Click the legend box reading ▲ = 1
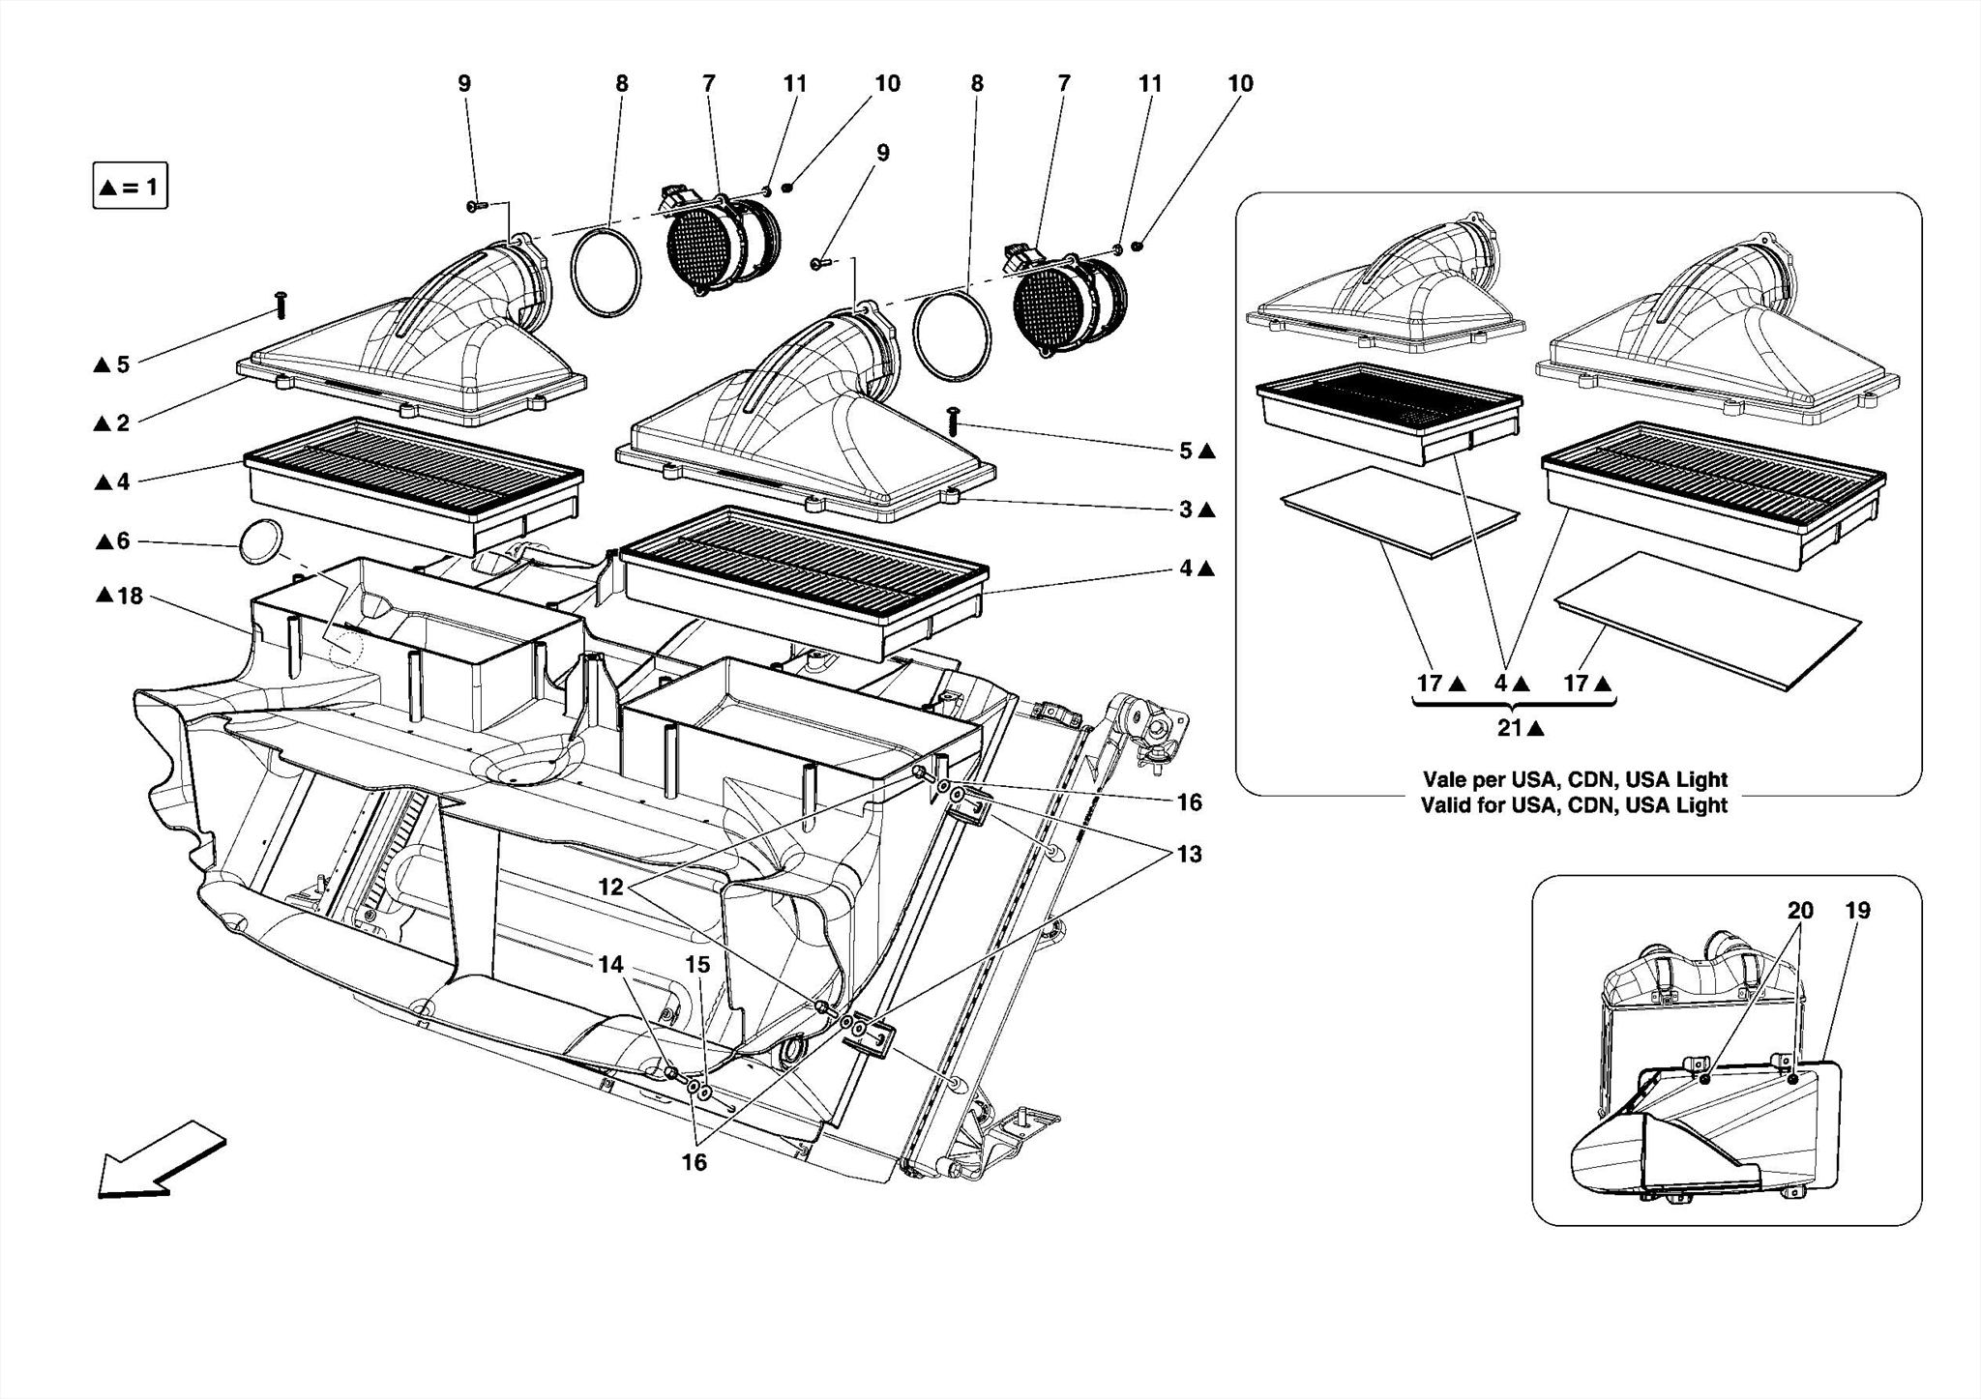pyautogui.click(x=130, y=187)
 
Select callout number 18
pyautogui.click(x=130, y=596)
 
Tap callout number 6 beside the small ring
pyautogui.click(x=122, y=540)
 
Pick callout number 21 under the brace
pyautogui.click(x=1511, y=728)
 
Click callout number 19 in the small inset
pyautogui.click(x=1857, y=910)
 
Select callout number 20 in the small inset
pyautogui.click(x=1800, y=910)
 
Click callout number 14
pyautogui.click(x=610, y=964)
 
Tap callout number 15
pyautogui.click(x=697, y=964)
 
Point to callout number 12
pyautogui.click(x=611, y=886)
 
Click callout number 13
pyautogui.click(x=1189, y=854)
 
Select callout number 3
pyautogui.click(x=1186, y=509)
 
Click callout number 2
pyautogui.click(x=122, y=423)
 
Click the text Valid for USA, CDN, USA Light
pyautogui.click(x=1574, y=804)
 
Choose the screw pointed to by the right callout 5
pyautogui.click(x=954, y=422)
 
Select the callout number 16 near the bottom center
pyautogui.click(x=695, y=1162)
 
